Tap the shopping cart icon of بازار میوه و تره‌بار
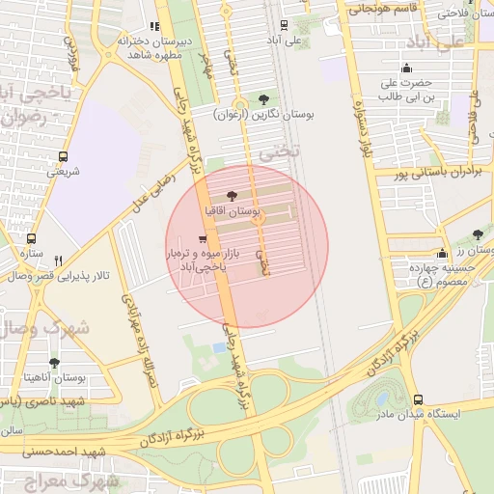[x=201, y=238]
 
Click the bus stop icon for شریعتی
[x=64, y=156]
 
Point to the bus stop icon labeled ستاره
[x=32, y=238]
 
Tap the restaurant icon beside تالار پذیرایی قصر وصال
[x=58, y=261]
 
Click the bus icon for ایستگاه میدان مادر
[x=417, y=398]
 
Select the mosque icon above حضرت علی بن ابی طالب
[x=407, y=68]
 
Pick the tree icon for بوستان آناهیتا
[x=53, y=364]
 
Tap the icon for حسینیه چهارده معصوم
[x=442, y=253]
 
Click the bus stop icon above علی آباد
[x=283, y=26]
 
